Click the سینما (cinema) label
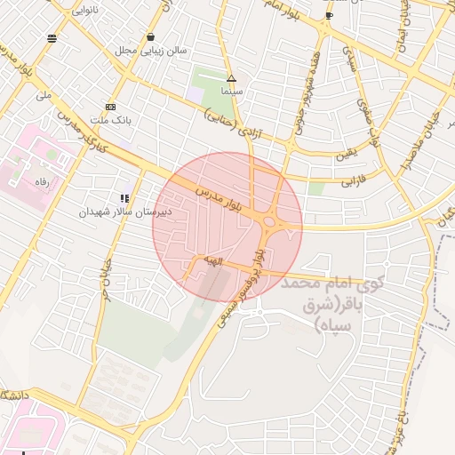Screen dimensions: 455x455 click(x=232, y=92)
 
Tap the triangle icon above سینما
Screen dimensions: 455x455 click(x=231, y=78)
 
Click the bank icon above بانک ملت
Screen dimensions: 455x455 click(x=109, y=107)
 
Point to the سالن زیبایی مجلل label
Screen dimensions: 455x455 click(x=150, y=51)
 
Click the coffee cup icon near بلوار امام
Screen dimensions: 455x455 click(x=330, y=15)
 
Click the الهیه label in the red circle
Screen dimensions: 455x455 click(x=212, y=259)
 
